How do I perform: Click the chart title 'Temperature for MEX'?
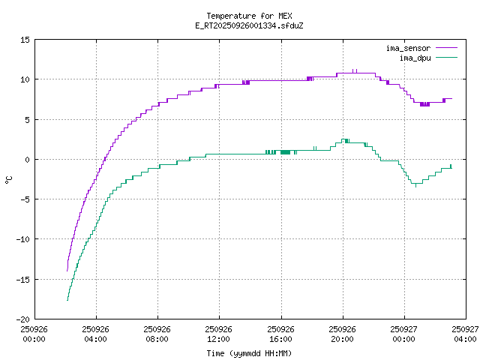click(249, 16)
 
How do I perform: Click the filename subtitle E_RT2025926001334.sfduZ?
click(249, 25)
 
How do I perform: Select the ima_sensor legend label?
click(408, 48)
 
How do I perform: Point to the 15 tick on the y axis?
click(26, 40)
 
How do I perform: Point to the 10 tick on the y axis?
click(26, 79)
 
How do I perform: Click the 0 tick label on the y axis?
click(28, 160)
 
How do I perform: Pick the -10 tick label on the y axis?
click(23, 239)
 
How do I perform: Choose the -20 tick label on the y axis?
click(23, 319)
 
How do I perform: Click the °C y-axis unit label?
click(9, 179)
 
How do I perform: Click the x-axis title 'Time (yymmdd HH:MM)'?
click(249, 353)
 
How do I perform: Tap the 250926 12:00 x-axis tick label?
click(219, 334)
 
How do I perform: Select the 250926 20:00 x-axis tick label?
click(343, 334)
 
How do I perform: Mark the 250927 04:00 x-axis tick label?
click(466, 334)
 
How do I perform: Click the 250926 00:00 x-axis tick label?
click(34, 334)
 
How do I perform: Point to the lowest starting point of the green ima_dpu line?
click(67, 300)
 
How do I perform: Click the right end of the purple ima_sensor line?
click(451, 98)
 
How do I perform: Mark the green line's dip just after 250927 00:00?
click(415, 184)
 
